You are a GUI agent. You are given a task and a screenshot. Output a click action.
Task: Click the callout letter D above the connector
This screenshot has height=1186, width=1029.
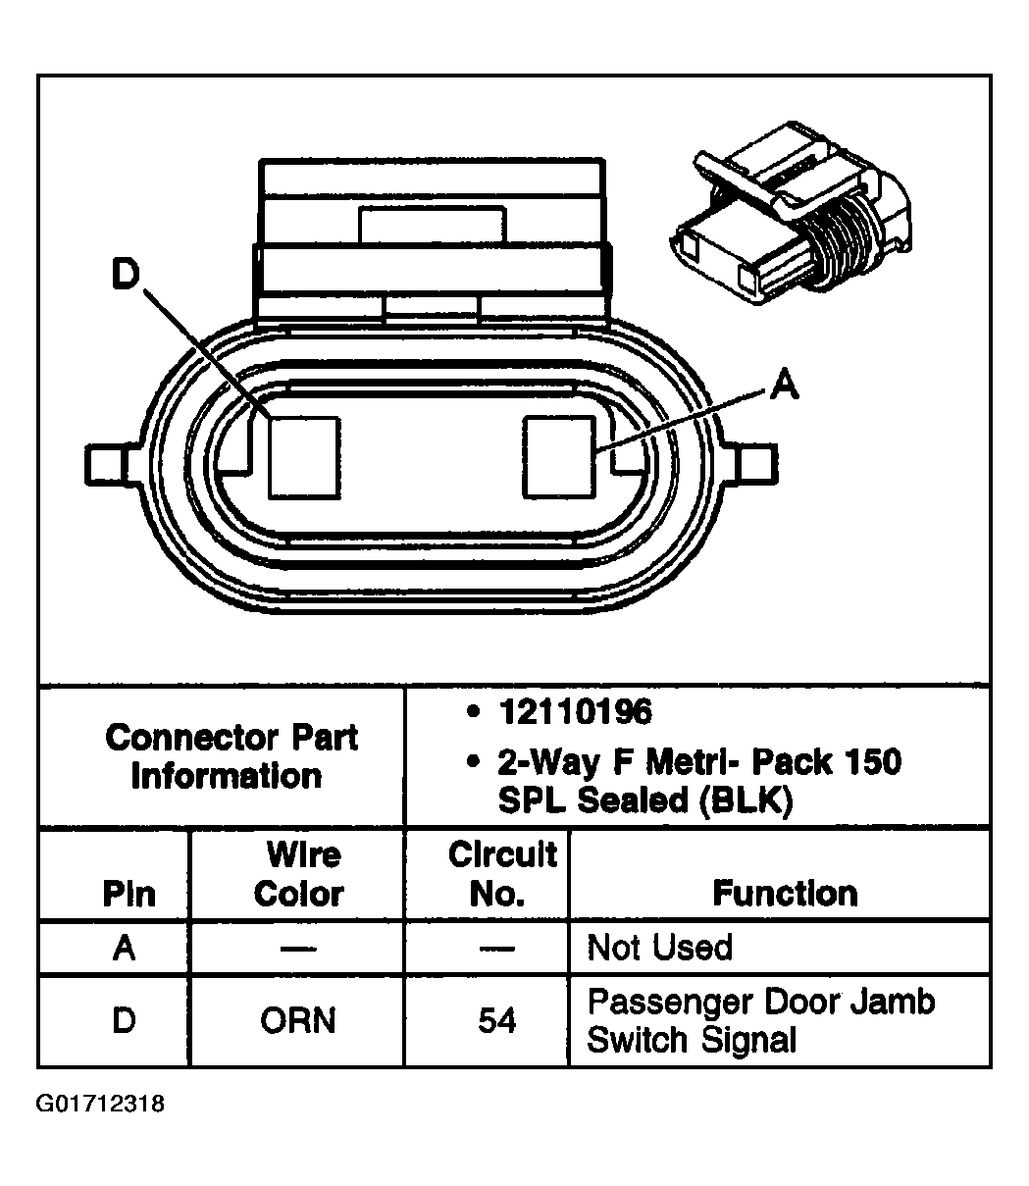tap(125, 276)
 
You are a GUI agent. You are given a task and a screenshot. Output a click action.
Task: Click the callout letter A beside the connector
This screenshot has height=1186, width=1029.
tap(784, 386)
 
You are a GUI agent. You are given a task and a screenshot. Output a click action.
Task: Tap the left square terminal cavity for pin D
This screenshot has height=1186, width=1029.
tap(304, 455)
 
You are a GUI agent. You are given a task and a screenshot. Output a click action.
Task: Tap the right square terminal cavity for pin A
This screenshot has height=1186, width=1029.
tap(560, 455)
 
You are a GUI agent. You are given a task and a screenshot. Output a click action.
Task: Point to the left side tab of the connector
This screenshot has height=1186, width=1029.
tap(106, 463)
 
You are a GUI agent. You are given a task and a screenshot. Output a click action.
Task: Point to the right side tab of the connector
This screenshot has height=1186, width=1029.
tap(758, 463)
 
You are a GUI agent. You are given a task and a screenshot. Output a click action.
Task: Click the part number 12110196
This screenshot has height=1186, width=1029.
tap(574, 712)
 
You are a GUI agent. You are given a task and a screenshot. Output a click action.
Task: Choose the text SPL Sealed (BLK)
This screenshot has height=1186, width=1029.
tap(644, 800)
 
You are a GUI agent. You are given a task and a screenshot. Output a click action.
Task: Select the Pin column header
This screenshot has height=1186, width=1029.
tap(129, 894)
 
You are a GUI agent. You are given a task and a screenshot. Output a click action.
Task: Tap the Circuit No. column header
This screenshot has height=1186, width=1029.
tap(501, 874)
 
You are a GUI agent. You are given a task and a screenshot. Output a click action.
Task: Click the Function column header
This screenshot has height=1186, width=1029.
tap(785, 894)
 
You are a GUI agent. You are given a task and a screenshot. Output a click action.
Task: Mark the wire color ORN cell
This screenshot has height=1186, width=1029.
tap(297, 1021)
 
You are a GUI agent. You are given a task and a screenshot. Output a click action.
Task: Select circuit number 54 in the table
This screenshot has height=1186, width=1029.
tap(496, 1021)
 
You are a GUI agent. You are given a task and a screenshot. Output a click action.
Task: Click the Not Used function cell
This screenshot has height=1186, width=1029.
tap(659, 948)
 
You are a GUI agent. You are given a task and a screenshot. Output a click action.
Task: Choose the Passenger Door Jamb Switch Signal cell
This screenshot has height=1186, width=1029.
tap(760, 1020)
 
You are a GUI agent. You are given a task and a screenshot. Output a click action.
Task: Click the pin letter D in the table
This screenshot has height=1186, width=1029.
tap(124, 1021)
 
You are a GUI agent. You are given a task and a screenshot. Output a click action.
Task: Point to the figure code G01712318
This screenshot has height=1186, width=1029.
tap(101, 1105)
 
